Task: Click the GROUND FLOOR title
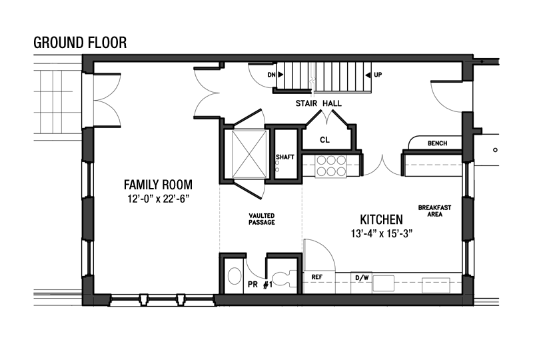80,43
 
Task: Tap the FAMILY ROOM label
158,185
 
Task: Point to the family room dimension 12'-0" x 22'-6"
158,199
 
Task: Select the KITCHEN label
381,220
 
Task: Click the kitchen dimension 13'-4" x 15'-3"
381,234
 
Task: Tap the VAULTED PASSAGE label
261,219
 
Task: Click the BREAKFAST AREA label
434,211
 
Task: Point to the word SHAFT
285,157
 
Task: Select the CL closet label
324,140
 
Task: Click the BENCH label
438,143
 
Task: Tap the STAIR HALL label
318,103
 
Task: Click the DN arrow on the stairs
280,75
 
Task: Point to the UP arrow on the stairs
368,75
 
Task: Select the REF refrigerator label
317,277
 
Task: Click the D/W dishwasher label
362,277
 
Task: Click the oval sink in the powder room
235,276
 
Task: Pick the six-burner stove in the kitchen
330,167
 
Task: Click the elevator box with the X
249,154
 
